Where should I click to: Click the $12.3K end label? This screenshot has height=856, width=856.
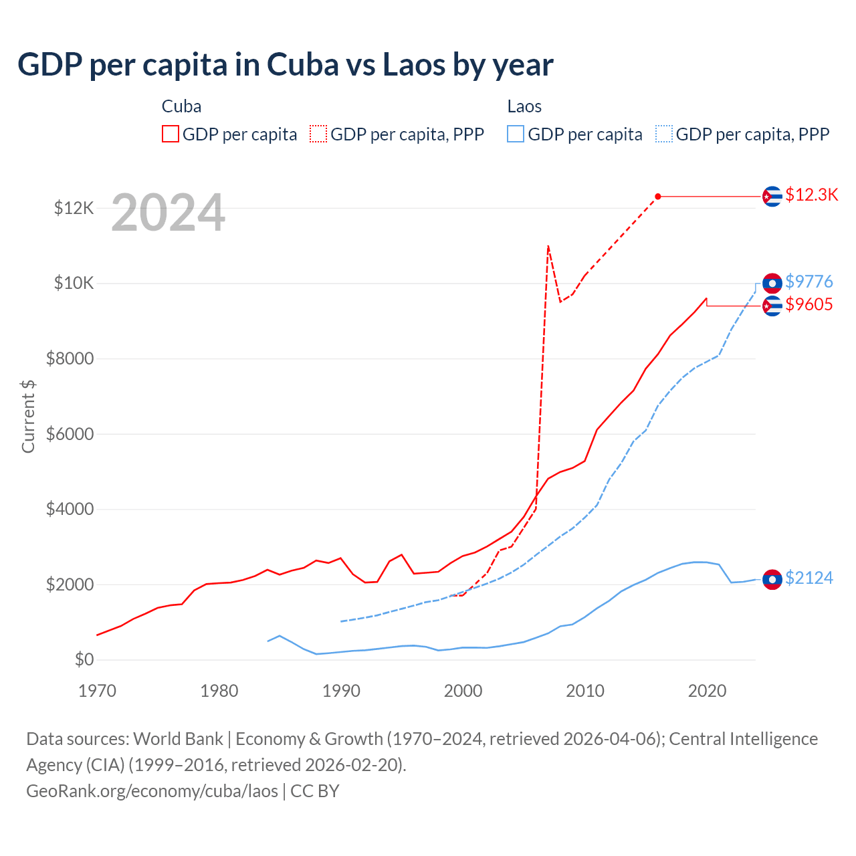pos(811,195)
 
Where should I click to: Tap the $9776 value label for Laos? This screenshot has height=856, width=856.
pos(809,282)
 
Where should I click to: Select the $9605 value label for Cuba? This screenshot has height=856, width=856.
pos(809,304)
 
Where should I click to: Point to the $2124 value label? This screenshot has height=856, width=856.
pos(809,578)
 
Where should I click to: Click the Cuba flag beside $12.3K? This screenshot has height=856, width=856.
pos(772,196)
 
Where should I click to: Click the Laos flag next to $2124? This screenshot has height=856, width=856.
pos(772,579)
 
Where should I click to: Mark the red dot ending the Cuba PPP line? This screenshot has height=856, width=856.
pos(658,196)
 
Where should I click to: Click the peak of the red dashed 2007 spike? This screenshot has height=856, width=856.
pos(548,246)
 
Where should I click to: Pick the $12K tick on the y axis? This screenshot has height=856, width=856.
pos(74,208)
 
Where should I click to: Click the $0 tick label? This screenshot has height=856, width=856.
pos(84,659)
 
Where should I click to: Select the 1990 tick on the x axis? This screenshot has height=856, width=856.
pos(341,691)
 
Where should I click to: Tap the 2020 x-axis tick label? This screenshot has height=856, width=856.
pos(707,691)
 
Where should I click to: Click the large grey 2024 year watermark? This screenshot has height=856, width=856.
pos(168,213)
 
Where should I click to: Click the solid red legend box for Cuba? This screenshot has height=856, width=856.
pos(171,134)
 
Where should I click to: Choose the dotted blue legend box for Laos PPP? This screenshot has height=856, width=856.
pos(664,134)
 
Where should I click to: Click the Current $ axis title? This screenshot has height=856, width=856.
pos(28,416)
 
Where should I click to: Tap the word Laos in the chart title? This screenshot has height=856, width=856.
pos(413,64)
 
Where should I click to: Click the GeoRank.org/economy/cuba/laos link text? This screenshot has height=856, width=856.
pos(152,790)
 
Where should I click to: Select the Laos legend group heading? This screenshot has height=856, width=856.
pos(524,106)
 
